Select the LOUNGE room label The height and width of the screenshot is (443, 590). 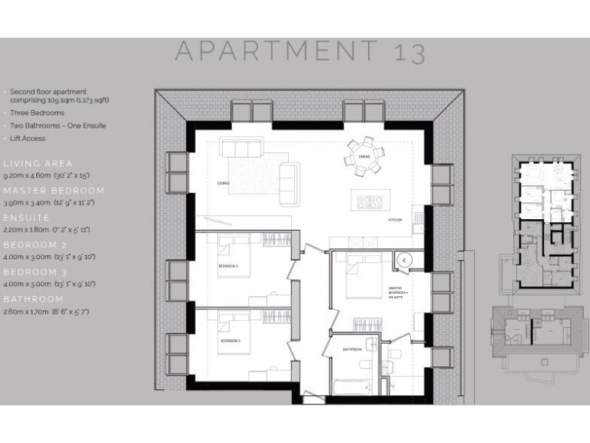coord(224,183)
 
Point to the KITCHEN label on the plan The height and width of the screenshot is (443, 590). coord(395,219)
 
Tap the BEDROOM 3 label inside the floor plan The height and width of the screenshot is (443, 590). coord(230,340)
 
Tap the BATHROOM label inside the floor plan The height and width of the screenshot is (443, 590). coord(352,348)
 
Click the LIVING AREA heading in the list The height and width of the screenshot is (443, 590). coord(38,164)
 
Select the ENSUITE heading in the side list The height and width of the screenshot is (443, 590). coord(27,218)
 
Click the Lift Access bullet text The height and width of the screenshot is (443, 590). coord(28,138)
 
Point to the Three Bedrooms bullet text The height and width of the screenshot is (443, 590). coord(37,113)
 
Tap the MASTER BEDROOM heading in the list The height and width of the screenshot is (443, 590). coord(54,191)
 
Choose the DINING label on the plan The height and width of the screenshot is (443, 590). coord(363,156)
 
